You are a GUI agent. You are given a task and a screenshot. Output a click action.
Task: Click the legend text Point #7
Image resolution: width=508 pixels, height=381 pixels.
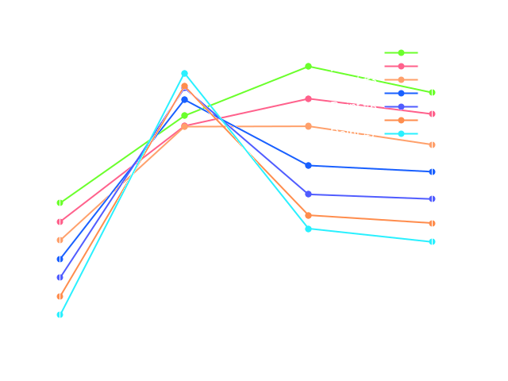[x=353, y=133]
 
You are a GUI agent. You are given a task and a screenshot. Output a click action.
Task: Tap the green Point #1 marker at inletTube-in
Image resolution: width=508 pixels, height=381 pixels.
[x=60, y=202]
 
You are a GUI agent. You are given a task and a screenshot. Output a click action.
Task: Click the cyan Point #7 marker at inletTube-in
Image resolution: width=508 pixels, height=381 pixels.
[x=60, y=314]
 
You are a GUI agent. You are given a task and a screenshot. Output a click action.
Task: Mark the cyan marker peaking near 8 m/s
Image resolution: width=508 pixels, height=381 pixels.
[x=184, y=74]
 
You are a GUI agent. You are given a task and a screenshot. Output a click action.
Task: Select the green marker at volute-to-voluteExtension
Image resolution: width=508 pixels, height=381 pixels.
[x=308, y=67]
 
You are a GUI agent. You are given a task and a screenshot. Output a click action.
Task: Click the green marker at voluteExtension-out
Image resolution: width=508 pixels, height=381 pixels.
[x=432, y=93]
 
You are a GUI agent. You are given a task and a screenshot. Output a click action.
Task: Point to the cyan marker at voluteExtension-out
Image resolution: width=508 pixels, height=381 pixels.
[x=432, y=241]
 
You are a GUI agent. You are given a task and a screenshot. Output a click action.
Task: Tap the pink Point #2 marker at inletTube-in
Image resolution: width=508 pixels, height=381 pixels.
[x=60, y=221]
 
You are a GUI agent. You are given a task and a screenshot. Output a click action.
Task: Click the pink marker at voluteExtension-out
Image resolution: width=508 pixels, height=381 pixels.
[x=432, y=114]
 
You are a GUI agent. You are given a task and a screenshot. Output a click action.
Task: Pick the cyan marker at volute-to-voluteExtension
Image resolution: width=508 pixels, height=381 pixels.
[x=308, y=229]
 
